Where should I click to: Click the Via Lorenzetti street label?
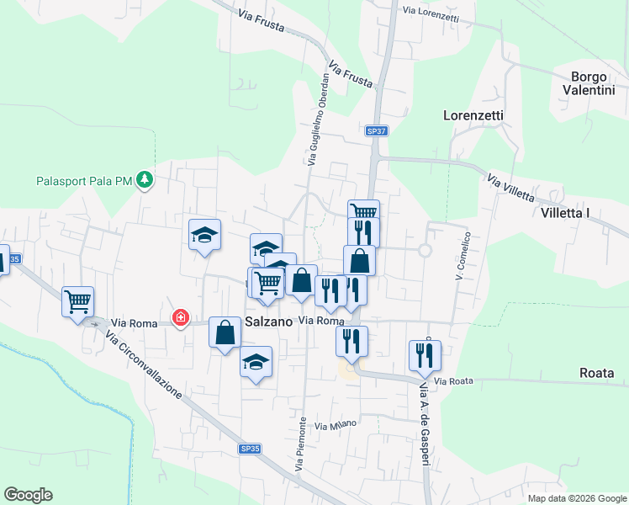coord(431,13)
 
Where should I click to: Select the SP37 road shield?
coord(376,131)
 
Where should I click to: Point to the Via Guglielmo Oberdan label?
coord(319,118)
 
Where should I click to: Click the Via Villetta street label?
coord(510,187)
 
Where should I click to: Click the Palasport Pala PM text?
coord(85,180)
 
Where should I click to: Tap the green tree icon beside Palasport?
coord(145,179)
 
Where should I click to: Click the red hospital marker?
coord(180,318)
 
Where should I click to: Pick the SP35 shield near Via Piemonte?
coord(247,450)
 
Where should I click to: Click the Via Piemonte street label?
coord(299,444)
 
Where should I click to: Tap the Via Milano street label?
coord(336,425)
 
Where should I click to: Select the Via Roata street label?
coord(455,381)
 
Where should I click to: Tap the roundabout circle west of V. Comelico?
coord(425,250)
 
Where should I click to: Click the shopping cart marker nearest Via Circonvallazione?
coord(78,300)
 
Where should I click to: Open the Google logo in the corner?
coord(28,495)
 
